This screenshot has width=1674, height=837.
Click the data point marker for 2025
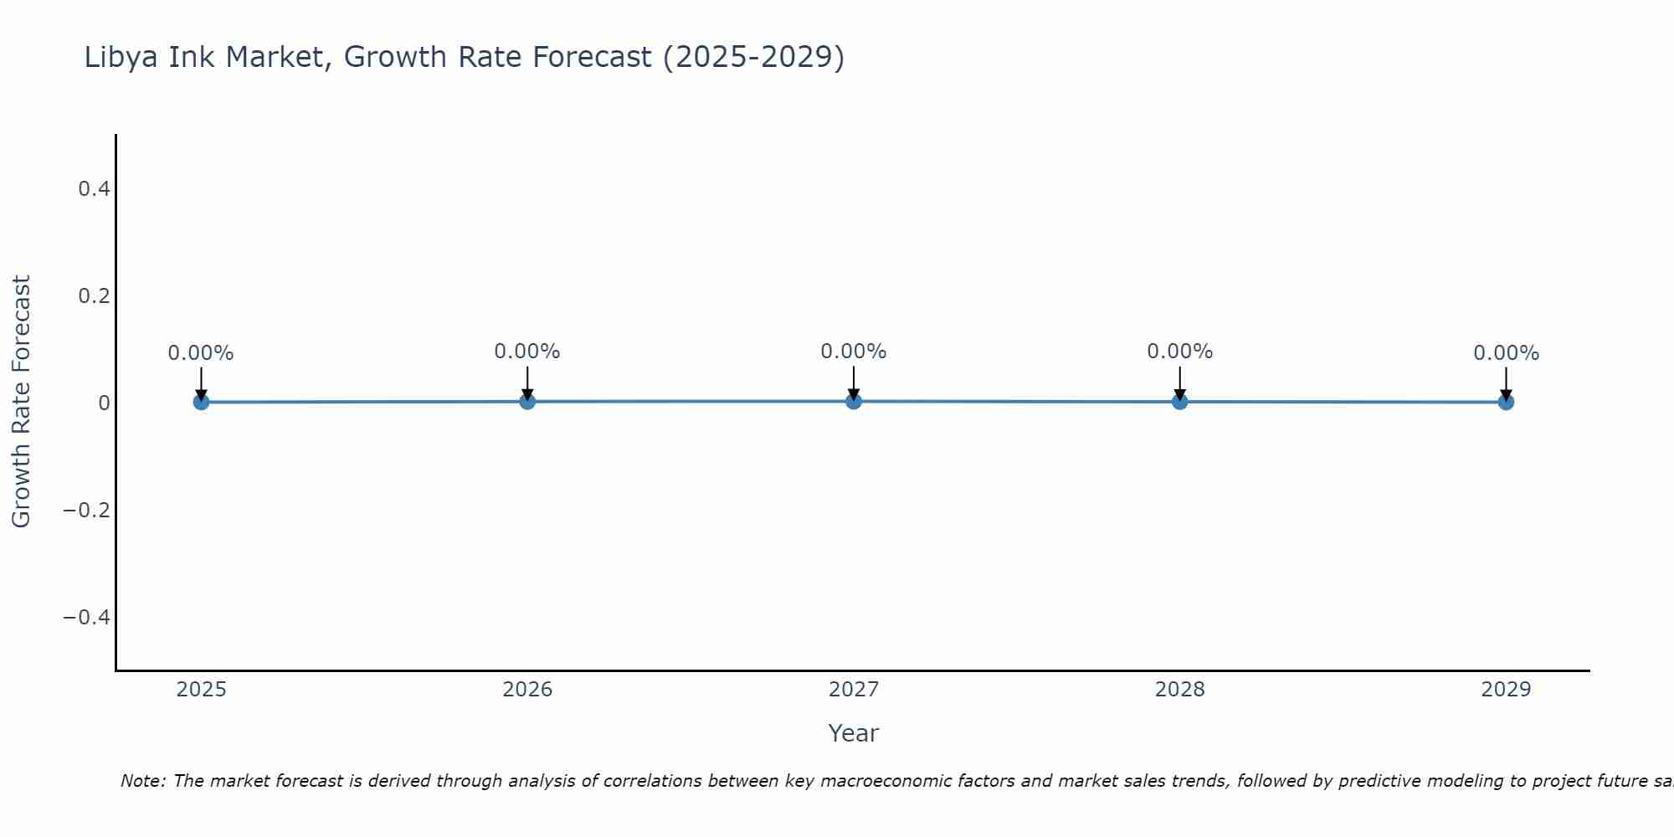[x=201, y=402]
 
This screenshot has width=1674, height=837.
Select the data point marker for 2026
[x=527, y=401]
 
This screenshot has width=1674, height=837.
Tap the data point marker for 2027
[x=854, y=401]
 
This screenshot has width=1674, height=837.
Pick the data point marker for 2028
[x=1179, y=401]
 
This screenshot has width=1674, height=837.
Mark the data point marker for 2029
[x=1506, y=402]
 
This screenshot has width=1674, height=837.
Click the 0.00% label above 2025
[x=201, y=353]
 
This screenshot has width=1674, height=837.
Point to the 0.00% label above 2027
[x=854, y=352]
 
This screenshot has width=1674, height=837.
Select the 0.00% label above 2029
[x=1506, y=353]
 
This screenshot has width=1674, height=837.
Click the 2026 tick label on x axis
[x=527, y=690]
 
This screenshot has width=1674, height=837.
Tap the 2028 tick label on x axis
[x=1179, y=690]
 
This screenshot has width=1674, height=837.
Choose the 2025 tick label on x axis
[x=201, y=690]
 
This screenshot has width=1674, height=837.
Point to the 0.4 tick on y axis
[x=94, y=189]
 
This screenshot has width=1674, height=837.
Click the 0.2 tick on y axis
[x=94, y=296]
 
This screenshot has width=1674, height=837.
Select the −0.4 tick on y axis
[x=87, y=618]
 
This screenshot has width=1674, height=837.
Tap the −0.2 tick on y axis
[x=87, y=511]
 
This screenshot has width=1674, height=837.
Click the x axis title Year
[x=853, y=733]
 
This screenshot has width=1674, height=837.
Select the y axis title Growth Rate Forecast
[x=21, y=402]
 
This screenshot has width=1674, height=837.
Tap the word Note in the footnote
[x=142, y=781]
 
